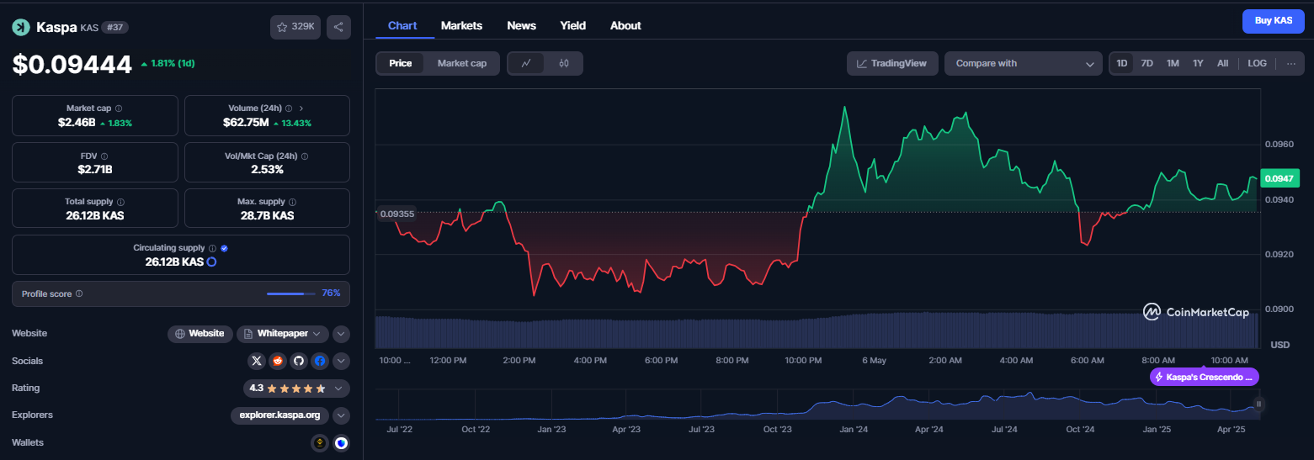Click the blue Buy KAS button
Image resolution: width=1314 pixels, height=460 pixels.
tap(1273, 21)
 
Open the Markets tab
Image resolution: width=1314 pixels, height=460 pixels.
tap(461, 26)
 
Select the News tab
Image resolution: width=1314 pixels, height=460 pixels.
tap(522, 26)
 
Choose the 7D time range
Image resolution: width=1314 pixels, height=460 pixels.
tap(1146, 63)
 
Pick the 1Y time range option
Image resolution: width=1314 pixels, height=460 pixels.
tap(1198, 63)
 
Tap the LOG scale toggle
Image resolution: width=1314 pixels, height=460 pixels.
tap(1257, 63)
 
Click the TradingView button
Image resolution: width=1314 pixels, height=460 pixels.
tap(892, 63)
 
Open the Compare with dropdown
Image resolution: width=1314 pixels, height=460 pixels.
tap(1024, 63)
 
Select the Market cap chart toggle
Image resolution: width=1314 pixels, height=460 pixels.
tap(461, 63)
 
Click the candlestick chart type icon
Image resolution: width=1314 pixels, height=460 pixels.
tap(564, 63)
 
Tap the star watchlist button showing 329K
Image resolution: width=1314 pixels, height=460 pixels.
tap(295, 27)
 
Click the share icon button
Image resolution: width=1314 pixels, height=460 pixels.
tap(338, 27)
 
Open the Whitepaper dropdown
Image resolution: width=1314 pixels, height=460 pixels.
tap(282, 333)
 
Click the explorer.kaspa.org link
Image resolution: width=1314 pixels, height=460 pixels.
tap(279, 415)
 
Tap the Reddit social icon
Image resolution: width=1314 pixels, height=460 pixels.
tap(278, 361)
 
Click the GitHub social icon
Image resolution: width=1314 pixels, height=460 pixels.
tap(299, 361)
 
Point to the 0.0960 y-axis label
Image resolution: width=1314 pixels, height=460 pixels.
tap(1279, 144)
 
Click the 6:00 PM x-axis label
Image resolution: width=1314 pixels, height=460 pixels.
tap(661, 361)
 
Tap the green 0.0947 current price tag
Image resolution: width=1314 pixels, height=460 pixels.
tap(1279, 179)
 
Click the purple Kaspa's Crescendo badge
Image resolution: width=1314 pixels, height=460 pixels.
tap(1205, 377)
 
